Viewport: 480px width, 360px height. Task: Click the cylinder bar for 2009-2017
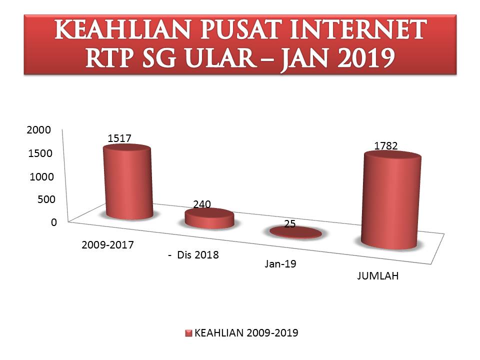click(x=127, y=182)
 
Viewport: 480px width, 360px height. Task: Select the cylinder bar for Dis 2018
click(x=209, y=218)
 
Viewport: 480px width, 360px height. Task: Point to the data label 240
click(x=201, y=204)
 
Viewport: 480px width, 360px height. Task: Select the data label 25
click(x=289, y=224)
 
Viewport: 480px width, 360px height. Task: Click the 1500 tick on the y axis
click(x=40, y=153)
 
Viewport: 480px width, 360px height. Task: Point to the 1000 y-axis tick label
click(x=40, y=176)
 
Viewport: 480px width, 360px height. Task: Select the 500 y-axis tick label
click(x=45, y=199)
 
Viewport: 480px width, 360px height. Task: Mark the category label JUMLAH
click(x=378, y=276)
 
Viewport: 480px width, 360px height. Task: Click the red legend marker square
click(x=188, y=333)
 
